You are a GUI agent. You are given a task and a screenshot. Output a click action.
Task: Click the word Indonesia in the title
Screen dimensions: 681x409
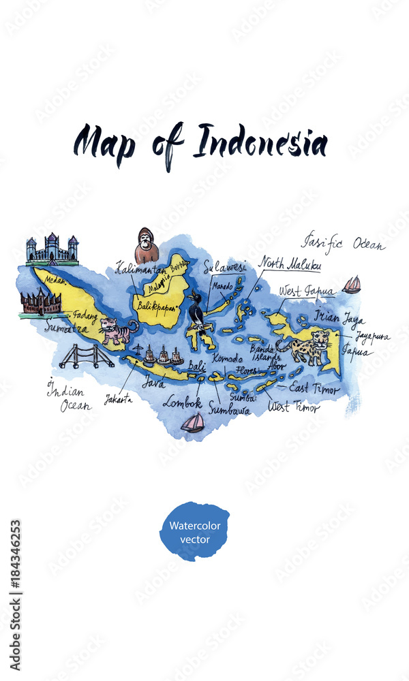tap(260, 143)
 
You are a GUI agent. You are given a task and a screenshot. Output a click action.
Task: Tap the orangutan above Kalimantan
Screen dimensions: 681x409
tap(146, 246)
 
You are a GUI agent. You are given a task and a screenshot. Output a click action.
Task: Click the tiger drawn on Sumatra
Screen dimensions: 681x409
tap(116, 331)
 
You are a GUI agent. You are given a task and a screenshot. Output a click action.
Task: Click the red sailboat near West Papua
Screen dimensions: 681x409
tap(352, 285)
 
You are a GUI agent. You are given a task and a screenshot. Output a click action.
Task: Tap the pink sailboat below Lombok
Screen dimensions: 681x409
tap(193, 423)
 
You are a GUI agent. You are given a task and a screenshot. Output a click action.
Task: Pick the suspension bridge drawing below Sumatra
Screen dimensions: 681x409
tap(86, 356)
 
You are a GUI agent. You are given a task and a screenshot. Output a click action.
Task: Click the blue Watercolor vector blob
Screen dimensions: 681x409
tap(194, 532)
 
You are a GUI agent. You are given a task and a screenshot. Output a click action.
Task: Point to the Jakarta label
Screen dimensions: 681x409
tap(119, 399)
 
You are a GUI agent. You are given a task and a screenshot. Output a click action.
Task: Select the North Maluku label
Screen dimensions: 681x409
tap(290, 264)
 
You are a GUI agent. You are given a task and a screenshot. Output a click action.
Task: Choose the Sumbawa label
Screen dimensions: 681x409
tap(229, 409)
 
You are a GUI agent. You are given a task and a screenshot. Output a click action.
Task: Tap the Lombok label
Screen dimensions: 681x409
tap(182, 402)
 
